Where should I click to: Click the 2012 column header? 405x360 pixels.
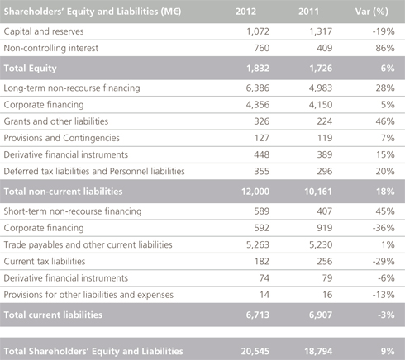[x=245, y=12]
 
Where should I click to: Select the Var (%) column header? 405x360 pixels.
[x=372, y=12]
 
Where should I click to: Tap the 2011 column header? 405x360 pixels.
[x=308, y=12]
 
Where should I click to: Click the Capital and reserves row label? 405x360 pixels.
[x=44, y=31]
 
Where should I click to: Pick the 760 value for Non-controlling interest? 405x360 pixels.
[x=261, y=48]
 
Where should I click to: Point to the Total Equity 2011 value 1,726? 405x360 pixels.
[x=321, y=69]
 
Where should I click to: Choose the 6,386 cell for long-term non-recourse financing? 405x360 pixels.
[x=258, y=88]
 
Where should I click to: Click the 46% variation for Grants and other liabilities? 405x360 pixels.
[x=385, y=121]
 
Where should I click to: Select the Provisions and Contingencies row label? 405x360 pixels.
[x=62, y=138]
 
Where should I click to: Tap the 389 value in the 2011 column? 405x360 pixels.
[x=325, y=154]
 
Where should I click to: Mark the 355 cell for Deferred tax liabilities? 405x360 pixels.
[x=261, y=172]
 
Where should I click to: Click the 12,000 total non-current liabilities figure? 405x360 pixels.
[x=255, y=192]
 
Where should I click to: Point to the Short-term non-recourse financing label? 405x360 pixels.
[x=73, y=211]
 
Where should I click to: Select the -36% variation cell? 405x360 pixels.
[x=384, y=228]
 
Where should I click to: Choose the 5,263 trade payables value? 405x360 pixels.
[x=258, y=244]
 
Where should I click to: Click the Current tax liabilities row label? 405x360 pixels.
[x=45, y=262]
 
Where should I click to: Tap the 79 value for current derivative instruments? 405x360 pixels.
[x=327, y=278]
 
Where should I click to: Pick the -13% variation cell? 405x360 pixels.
[x=384, y=295]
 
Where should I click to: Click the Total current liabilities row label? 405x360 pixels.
[x=53, y=315]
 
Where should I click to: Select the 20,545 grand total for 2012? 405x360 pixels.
[x=255, y=352]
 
